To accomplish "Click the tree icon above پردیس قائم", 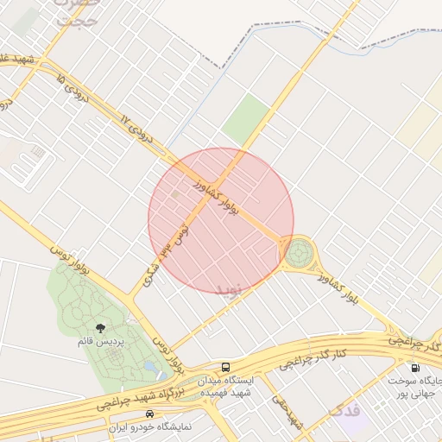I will click(100, 327).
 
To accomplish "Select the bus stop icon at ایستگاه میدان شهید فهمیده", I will click(226, 366).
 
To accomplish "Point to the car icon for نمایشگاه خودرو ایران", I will click(151, 414).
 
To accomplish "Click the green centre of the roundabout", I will click(299, 253).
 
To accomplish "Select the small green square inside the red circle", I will click(176, 195).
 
